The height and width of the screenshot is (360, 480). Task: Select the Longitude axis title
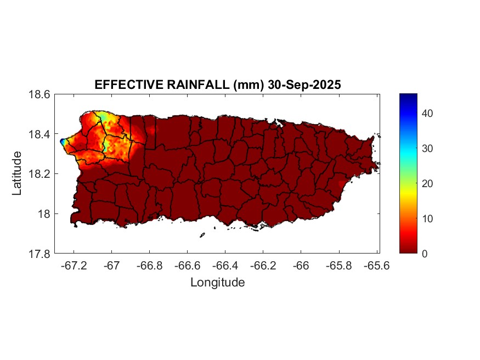click(x=217, y=283)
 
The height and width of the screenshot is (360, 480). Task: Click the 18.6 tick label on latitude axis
click(x=39, y=94)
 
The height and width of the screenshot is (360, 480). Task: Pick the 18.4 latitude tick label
click(x=39, y=134)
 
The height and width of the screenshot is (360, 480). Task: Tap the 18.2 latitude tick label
click(x=39, y=174)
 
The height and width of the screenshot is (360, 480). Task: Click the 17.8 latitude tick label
click(x=39, y=254)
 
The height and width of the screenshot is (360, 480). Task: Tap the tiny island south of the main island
click(x=202, y=235)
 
